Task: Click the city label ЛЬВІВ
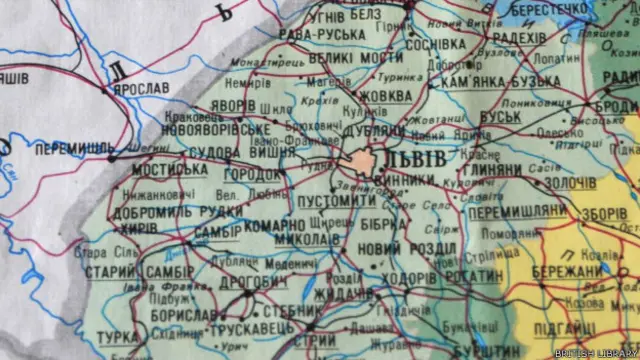tap(418, 161)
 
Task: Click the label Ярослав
tap(142, 88)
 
